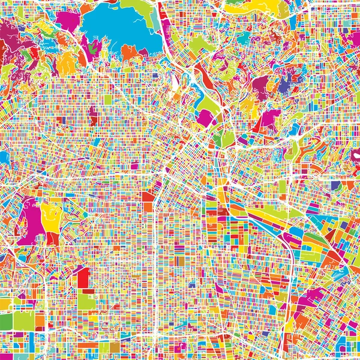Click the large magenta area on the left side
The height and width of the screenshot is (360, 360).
click(x=27, y=222)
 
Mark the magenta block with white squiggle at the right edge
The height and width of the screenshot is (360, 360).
click(x=355, y=154)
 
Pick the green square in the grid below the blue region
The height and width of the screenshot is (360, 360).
click(x=108, y=99)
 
